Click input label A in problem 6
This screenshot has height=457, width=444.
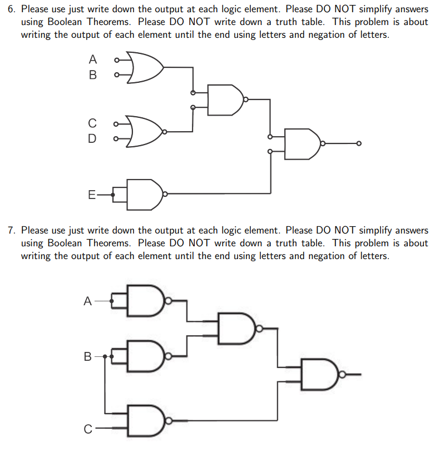pyautogui.click(x=93, y=59)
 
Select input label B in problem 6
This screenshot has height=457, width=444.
pyautogui.click(x=93, y=74)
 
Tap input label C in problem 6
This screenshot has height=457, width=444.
pyautogui.click(x=92, y=123)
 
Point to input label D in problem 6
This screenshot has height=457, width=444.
pyautogui.click(x=92, y=138)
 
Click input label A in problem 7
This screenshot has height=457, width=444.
pyautogui.click(x=87, y=301)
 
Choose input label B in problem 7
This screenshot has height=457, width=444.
pyautogui.click(x=87, y=356)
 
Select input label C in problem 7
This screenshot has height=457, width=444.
pyautogui.click(x=87, y=429)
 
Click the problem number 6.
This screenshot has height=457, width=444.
pyautogui.click(x=11, y=9)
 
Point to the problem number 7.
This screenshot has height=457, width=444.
pyautogui.click(x=11, y=230)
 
